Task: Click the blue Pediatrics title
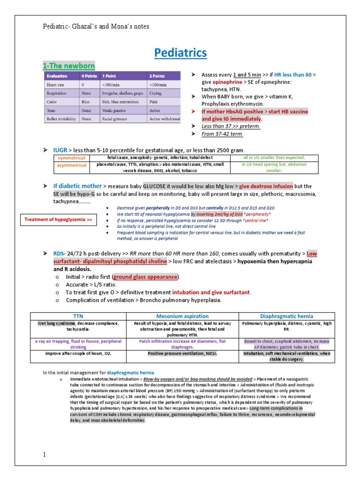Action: pos(180,53)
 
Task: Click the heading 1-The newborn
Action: pos(69,66)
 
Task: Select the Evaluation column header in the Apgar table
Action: pos(56,76)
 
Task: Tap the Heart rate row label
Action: pos(55,84)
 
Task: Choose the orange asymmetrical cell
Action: pos(71,165)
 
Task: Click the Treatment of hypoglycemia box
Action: pos(58,219)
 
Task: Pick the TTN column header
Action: pos(78,316)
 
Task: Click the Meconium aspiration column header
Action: pos(182,316)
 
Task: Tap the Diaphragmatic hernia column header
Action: pos(286,316)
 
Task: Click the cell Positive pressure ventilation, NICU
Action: pos(182,353)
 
